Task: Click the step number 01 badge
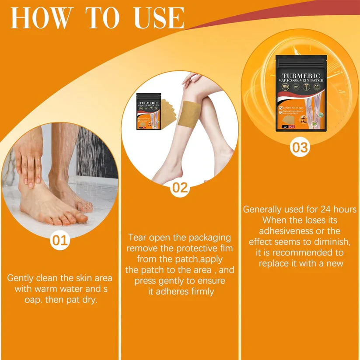(x=60, y=240)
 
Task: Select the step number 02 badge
(x=180, y=188)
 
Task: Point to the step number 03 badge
(x=300, y=147)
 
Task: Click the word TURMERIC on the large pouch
(x=301, y=76)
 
